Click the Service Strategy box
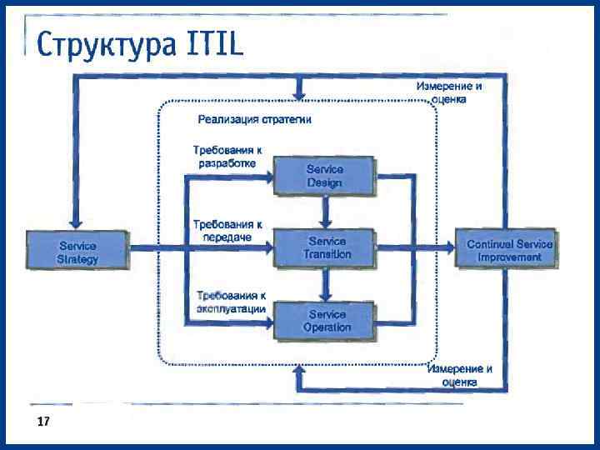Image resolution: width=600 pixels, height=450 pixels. (77, 252)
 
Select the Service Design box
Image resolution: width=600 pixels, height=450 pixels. (324, 175)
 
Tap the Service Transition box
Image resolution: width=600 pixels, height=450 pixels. (324, 247)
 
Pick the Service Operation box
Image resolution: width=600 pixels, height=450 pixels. (324, 321)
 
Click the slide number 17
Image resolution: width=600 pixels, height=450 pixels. (43, 422)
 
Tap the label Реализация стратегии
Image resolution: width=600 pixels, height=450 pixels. (254, 119)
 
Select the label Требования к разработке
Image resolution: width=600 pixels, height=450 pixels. (227, 157)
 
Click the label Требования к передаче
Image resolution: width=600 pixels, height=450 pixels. (227, 230)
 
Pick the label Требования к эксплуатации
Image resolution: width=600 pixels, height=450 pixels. (231, 302)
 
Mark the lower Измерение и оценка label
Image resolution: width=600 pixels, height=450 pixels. (459, 375)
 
